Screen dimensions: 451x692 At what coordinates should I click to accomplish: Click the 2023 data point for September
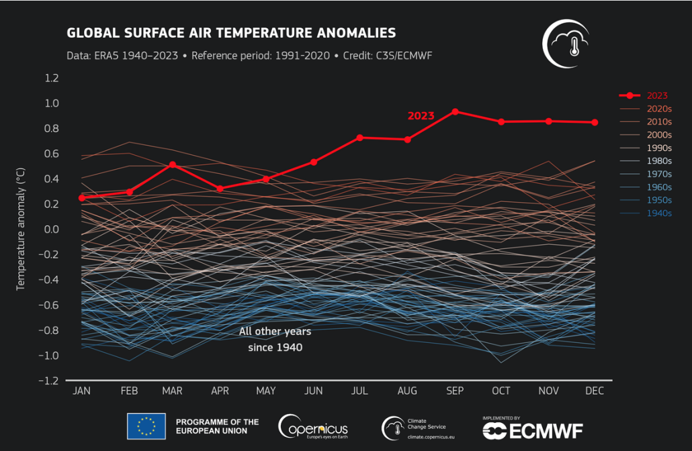point(455,111)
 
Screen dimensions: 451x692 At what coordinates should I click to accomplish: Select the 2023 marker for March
point(173,164)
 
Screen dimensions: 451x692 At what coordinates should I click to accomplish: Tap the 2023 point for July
point(359,138)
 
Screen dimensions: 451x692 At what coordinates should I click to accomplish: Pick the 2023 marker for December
point(595,122)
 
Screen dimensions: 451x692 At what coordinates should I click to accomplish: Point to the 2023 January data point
point(82,198)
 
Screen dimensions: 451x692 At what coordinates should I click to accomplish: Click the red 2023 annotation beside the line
point(421,115)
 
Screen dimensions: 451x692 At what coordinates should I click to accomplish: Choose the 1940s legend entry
point(658,213)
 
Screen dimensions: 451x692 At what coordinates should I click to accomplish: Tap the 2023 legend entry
point(657,95)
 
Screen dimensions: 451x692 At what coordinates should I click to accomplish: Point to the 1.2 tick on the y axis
point(52,78)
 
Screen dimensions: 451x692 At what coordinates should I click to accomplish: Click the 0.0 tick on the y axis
point(52,230)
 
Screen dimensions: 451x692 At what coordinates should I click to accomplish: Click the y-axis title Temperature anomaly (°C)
point(21,229)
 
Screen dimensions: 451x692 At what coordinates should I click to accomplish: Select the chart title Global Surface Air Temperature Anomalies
point(231,33)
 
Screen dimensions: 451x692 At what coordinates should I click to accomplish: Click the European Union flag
point(146,426)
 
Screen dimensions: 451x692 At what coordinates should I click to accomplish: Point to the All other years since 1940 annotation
point(271,340)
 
